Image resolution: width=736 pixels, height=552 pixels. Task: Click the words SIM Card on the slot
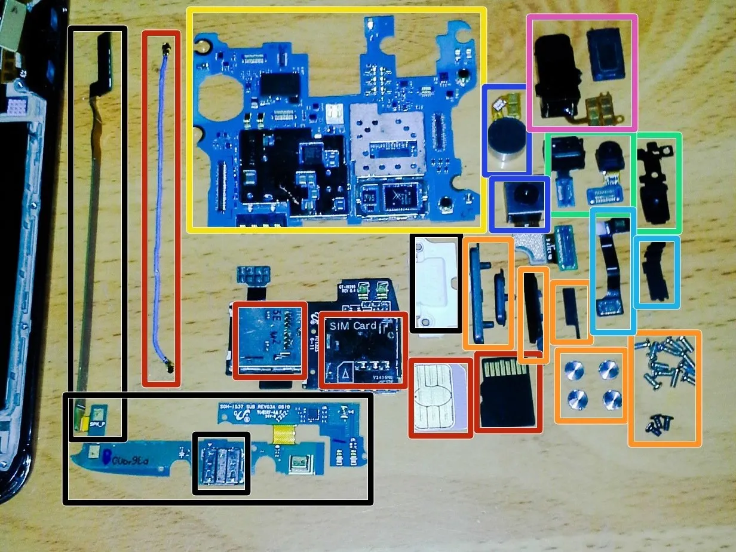tap(353, 326)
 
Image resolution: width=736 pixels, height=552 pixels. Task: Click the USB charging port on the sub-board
tap(220, 464)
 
